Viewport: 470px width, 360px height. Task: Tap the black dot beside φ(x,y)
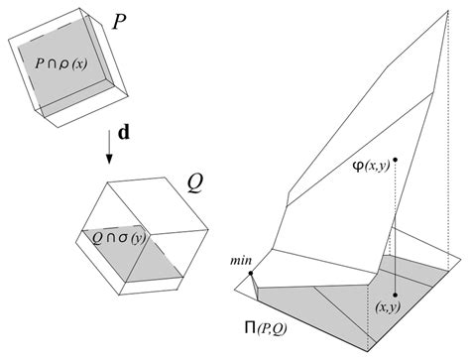(396, 160)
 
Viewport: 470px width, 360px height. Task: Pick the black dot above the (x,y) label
(396, 295)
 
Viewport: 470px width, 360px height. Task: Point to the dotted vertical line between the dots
(396, 228)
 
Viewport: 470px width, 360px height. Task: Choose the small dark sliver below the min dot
(256, 289)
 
